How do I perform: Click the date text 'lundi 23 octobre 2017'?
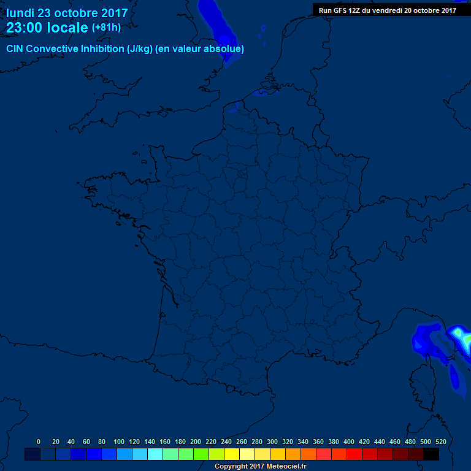[67, 13]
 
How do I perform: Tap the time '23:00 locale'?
[47, 28]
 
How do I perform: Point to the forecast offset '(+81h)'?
[106, 28]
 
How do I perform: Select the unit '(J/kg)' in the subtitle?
[139, 48]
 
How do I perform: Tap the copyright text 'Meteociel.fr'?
[286, 467]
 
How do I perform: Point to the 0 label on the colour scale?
[39, 442]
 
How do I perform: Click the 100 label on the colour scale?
[119, 442]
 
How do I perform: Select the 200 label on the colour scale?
[196, 442]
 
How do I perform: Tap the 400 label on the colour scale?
[349, 442]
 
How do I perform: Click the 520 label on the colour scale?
[440, 442]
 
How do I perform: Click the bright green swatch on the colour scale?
[201, 454]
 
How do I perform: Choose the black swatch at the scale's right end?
[431, 454]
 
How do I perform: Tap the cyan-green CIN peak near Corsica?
[461, 336]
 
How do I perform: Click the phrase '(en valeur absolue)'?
[200, 48]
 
